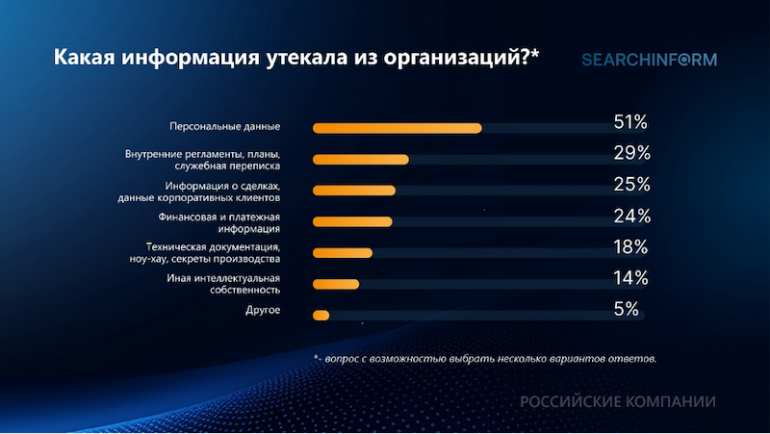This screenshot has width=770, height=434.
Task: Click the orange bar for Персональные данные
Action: pos(397,128)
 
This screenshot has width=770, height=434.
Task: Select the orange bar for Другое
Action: pos(321,315)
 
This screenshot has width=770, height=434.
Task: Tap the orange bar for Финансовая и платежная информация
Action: pos(352,222)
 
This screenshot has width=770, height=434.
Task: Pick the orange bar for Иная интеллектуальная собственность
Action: pos(336,284)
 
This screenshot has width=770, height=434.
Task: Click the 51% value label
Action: pos(630,122)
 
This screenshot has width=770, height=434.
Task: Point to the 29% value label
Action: pos(631,153)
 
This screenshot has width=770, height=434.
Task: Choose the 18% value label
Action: pos(631,247)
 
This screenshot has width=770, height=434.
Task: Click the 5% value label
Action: pos(627,309)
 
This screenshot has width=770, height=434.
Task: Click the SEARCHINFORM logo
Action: pos(649,59)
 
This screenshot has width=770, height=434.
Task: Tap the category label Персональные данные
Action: pos(224,127)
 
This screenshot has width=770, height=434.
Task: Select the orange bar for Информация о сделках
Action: pos(354,191)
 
